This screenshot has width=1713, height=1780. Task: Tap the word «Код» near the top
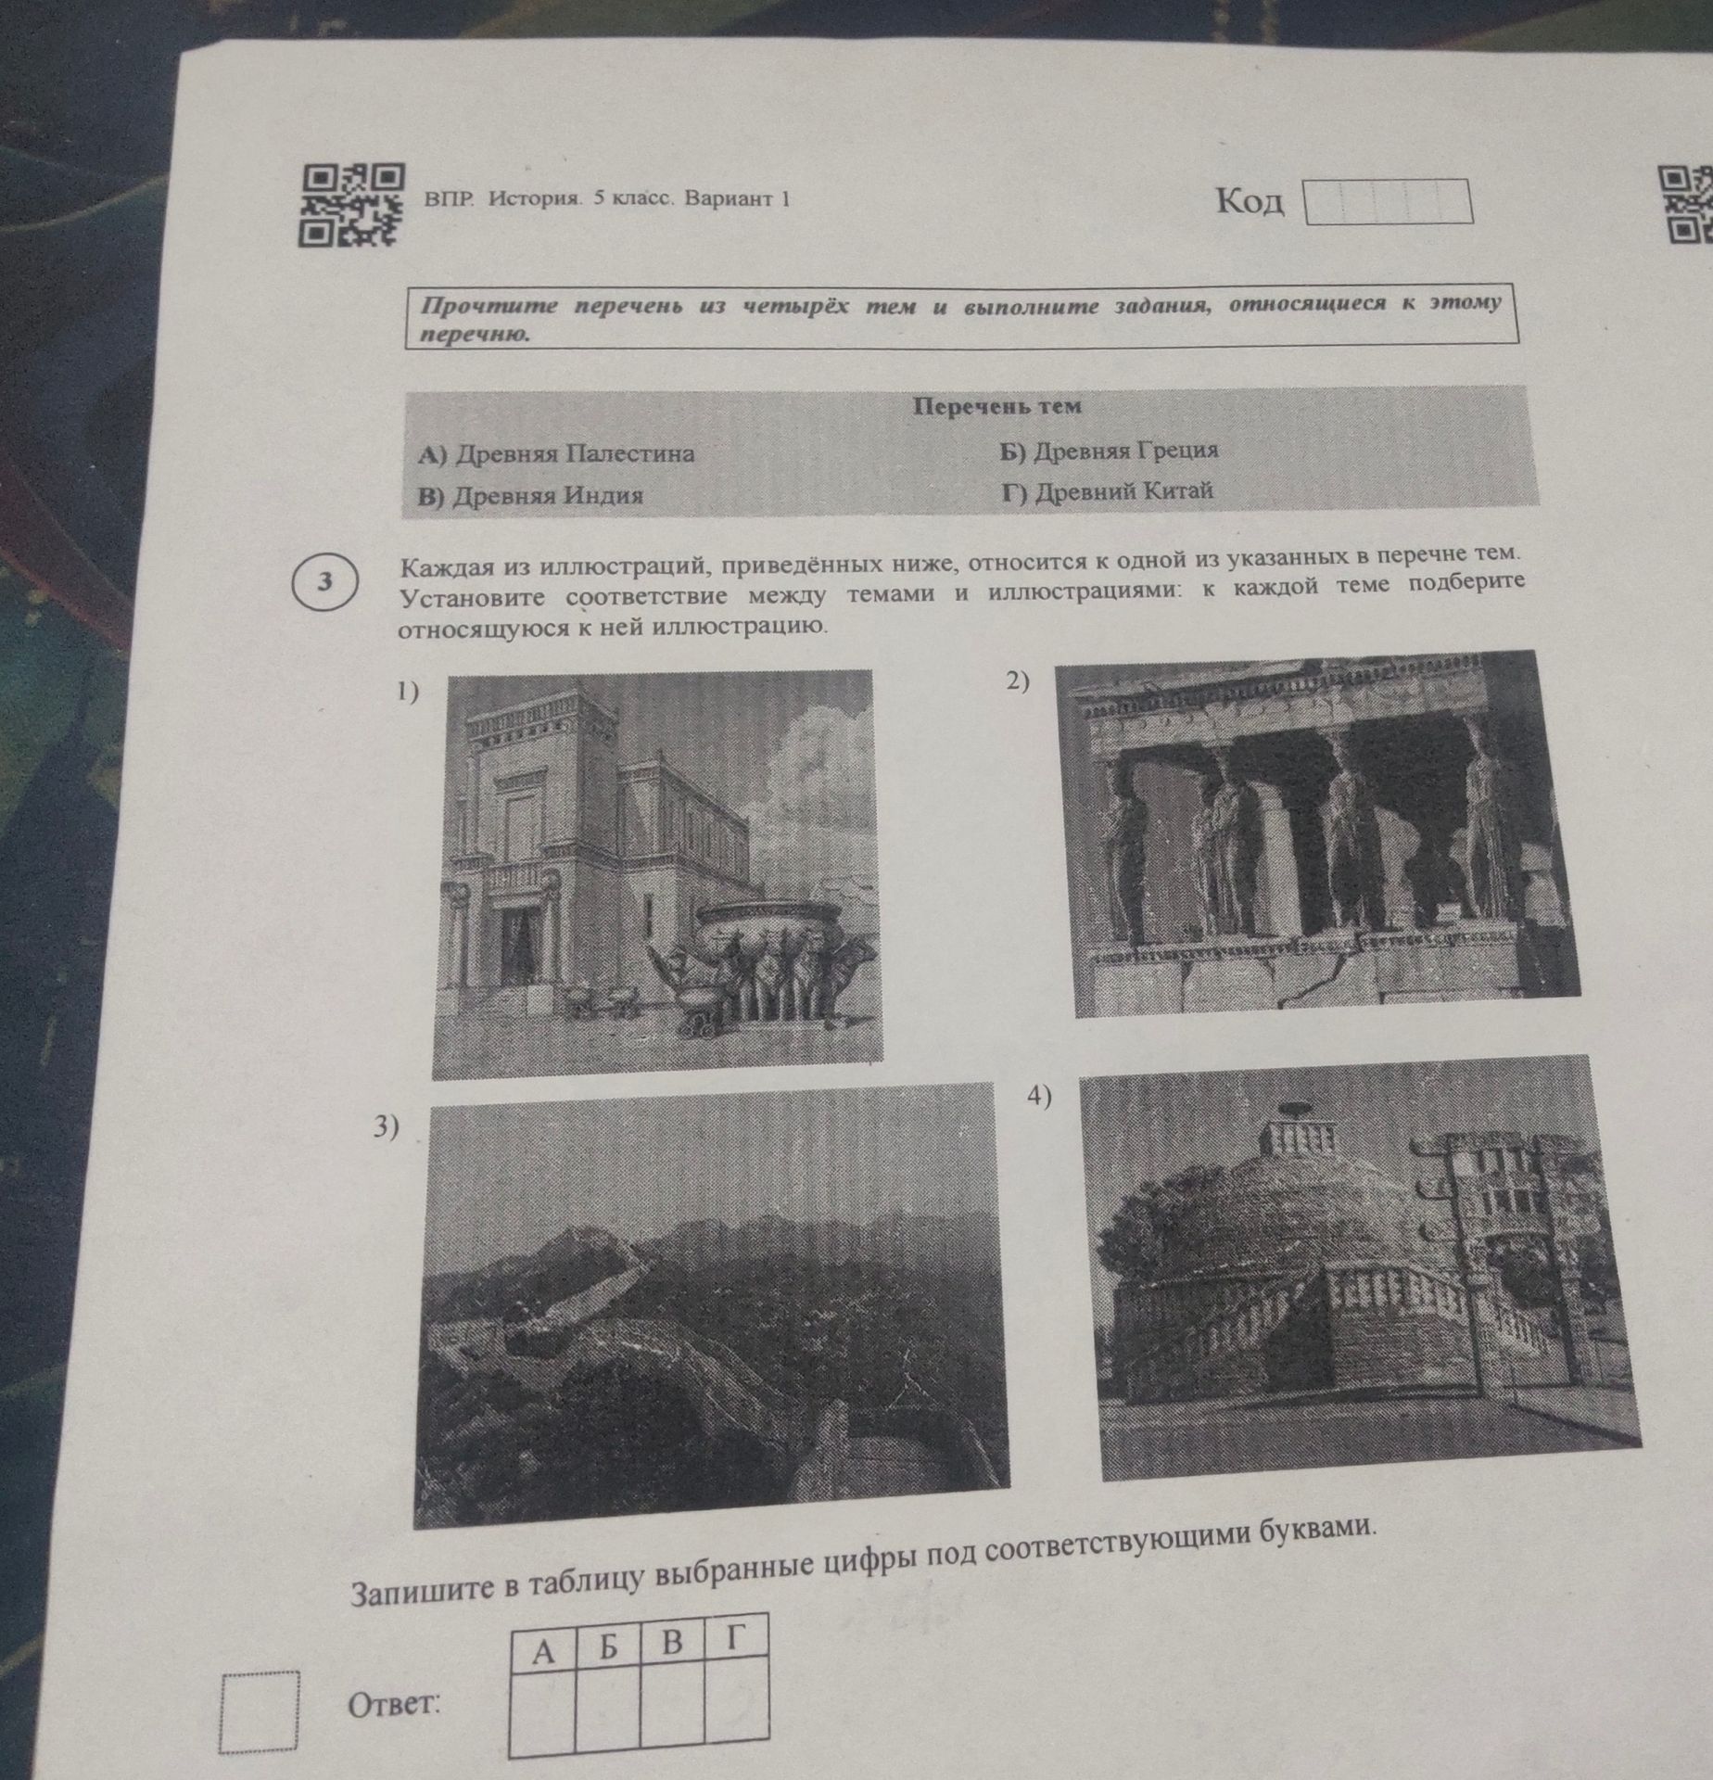click(1250, 201)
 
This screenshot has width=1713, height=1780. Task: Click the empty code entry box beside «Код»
click(1388, 202)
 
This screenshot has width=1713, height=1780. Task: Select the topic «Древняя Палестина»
click(556, 454)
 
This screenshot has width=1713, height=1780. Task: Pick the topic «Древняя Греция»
click(1109, 451)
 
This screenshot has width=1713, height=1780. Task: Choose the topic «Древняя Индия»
click(530, 496)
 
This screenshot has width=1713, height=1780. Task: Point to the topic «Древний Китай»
click(1107, 492)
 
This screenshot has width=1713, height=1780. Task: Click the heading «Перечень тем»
click(997, 406)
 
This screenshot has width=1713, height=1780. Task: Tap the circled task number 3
click(324, 581)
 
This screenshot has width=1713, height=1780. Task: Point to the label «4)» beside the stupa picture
click(1040, 1097)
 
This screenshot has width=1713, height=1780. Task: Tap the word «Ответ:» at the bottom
click(393, 1703)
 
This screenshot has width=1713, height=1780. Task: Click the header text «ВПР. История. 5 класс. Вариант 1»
click(607, 198)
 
